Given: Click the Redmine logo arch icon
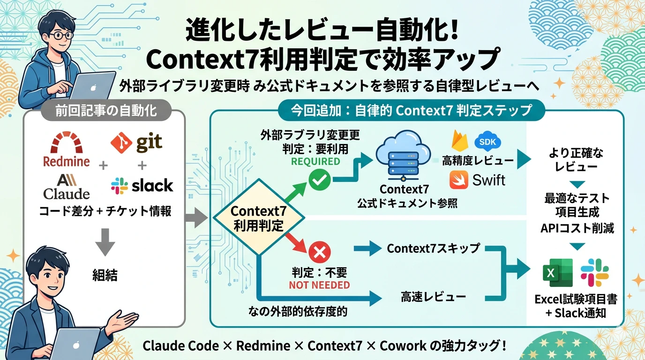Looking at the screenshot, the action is (67, 142).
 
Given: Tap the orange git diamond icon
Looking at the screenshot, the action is (121, 142).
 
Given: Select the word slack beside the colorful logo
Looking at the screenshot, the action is (152, 185).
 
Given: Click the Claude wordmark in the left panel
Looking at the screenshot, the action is (67, 194).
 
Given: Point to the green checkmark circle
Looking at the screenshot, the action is (320, 180).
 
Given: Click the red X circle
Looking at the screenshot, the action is (320, 253).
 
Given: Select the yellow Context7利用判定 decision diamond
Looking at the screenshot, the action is (259, 217).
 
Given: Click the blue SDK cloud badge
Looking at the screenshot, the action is (487, 142).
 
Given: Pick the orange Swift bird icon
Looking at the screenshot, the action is (459, 180).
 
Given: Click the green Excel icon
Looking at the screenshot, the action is (557, 272).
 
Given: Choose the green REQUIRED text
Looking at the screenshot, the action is (315, 162).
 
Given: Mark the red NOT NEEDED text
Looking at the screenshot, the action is (319, 285).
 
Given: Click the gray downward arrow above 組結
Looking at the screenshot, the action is (105, 242).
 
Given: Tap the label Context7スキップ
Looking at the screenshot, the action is (434, 248).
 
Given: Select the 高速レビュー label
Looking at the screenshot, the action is (433, 297).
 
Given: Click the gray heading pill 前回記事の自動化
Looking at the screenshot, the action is (106, 111).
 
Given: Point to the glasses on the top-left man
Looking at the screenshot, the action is (61, 36).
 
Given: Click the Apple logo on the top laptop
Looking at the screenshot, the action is (93, 87).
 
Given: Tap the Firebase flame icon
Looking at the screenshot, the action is (459, 141).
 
